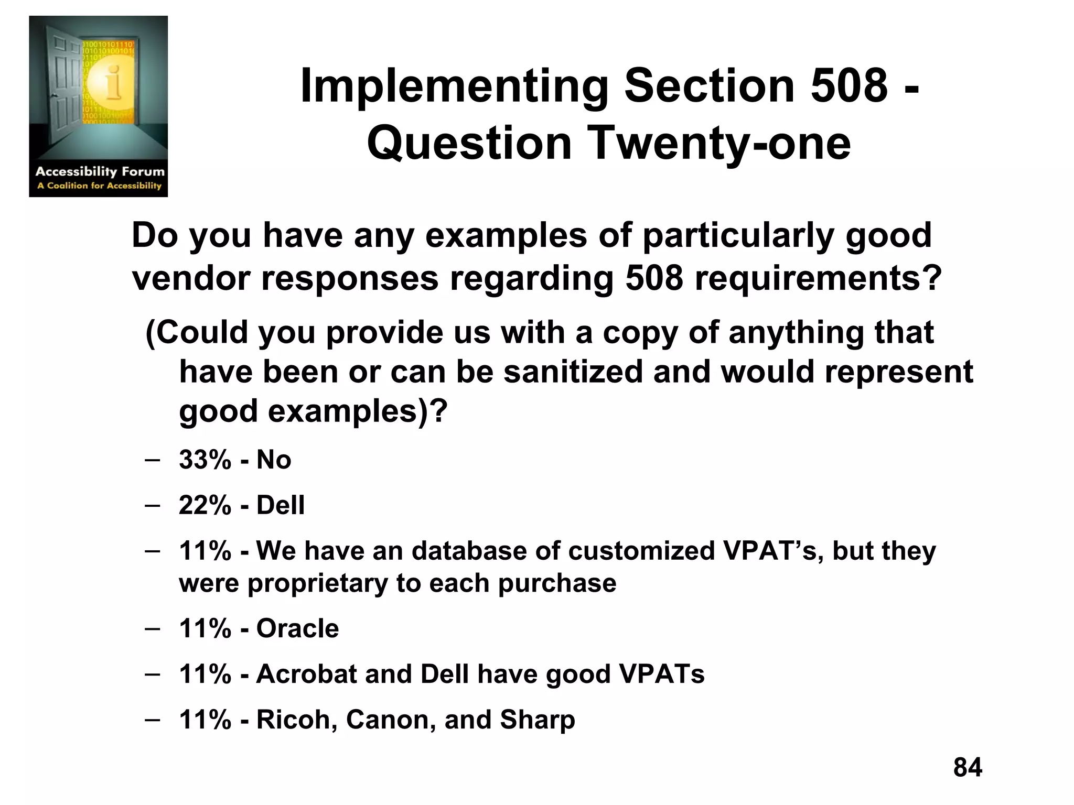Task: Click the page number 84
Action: click(968, 767)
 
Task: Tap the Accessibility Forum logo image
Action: click(99, 106)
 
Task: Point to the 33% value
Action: click(205, 460)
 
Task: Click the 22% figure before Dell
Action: click(205, 505)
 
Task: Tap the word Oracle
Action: click(297, 628)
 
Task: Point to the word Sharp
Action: click(537, 720)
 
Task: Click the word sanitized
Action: click(573, 372)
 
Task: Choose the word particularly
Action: click(738, 236)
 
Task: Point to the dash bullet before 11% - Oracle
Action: click(152, 628)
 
